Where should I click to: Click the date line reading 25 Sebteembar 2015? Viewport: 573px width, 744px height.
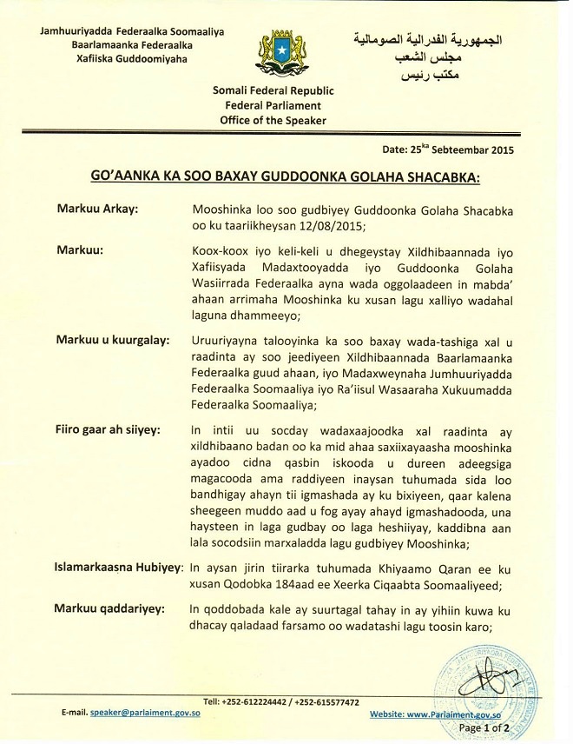pyautogui.click(x=455, y=149)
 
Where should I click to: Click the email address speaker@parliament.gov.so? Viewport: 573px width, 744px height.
pyautogui.click(x=140, y=712)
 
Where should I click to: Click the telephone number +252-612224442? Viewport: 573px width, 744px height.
pyautogui.click(x=255, y=701)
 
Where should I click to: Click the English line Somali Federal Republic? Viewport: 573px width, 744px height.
pyautogui.click(x=273, y=90)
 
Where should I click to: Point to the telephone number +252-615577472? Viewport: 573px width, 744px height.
pyautogui.click(x=327, y=701)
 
